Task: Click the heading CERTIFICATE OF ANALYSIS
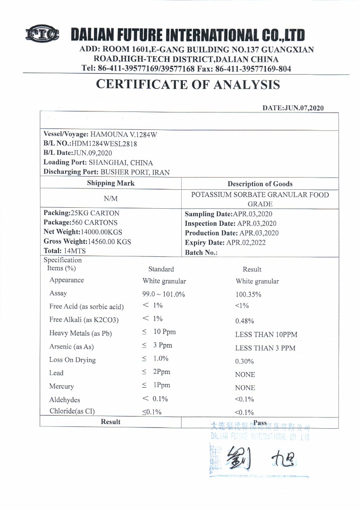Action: coord(188,85)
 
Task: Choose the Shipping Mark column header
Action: coord(110,183)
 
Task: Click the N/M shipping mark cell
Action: coord(110,199)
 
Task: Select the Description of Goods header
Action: coord(260,184)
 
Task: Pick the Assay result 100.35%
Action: coord(249,294)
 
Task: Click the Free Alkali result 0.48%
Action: coord(244,321)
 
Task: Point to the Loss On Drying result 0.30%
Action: coord(244,362)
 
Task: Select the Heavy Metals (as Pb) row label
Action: coord(81,333)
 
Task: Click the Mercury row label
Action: coord(62,386)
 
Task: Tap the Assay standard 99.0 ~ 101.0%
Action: coord(163,294)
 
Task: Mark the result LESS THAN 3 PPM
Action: coord(265,348)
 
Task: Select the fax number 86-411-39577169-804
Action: coord(253,68)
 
